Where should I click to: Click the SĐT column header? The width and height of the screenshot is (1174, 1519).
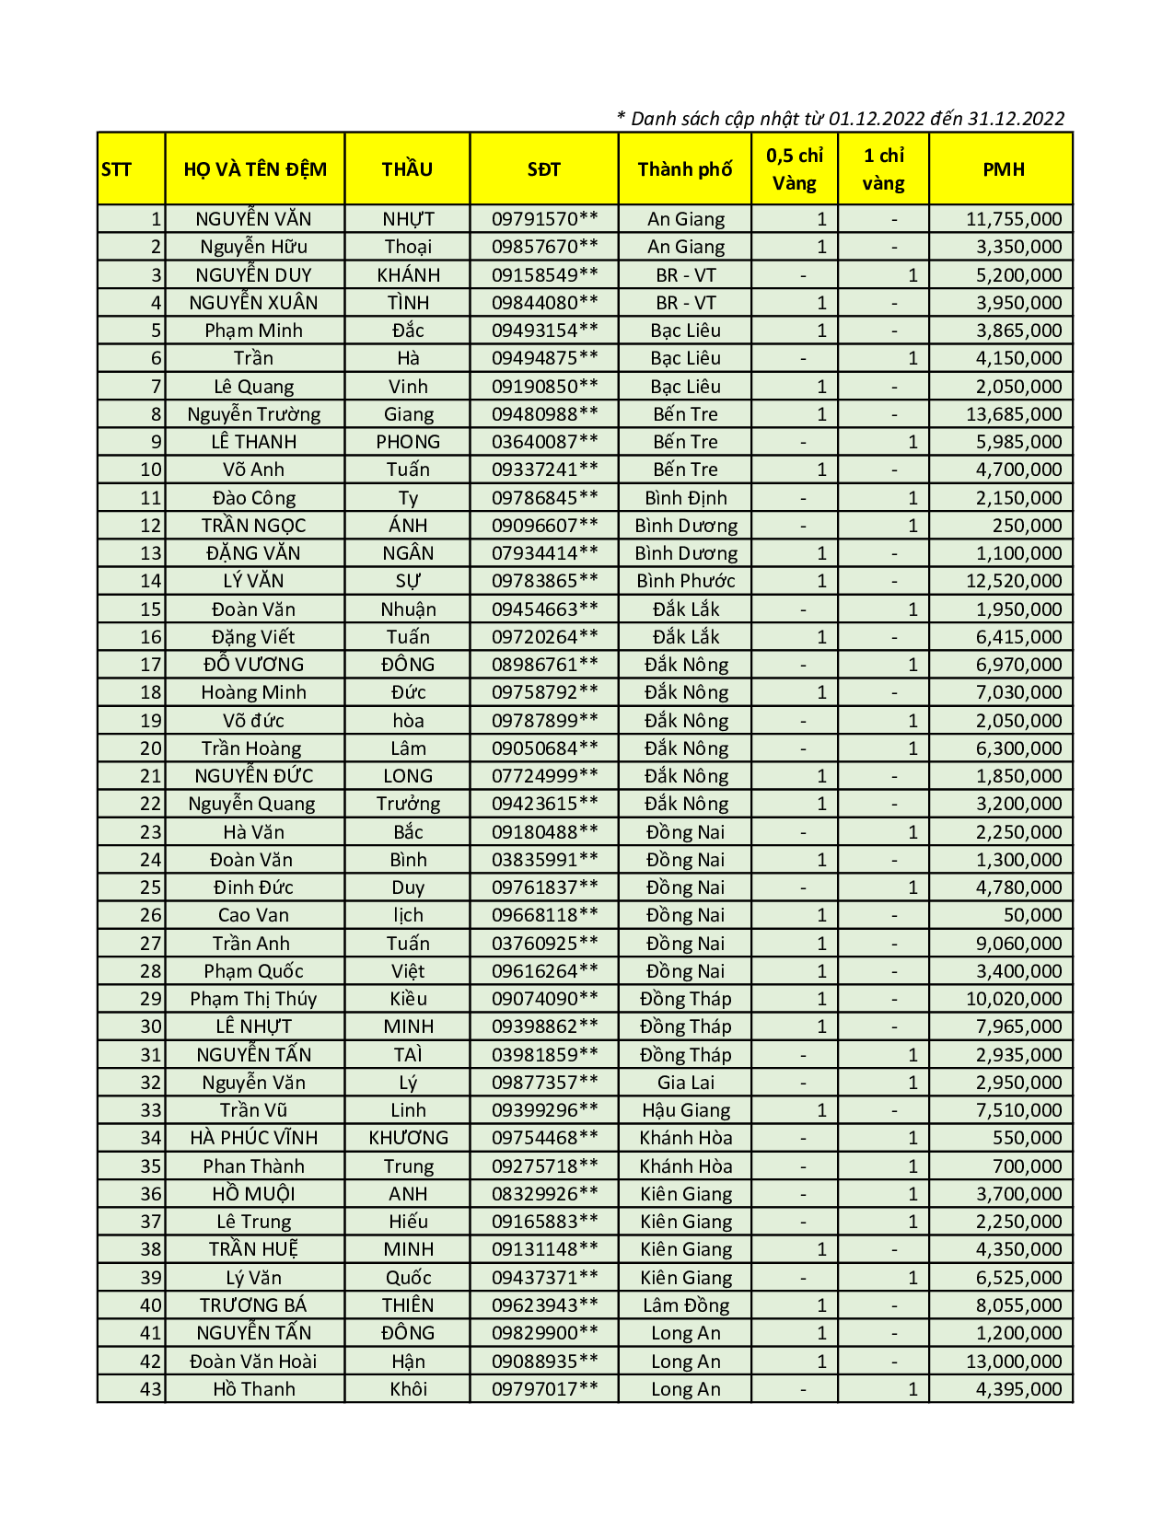[x=543, y=169]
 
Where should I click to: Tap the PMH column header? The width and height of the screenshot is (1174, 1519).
[x=1003, y=169]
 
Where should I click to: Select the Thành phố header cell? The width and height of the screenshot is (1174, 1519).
[x=685, y=169]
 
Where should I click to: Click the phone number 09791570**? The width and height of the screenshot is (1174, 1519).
[x=544, y=219]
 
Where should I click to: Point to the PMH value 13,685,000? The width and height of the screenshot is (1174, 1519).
[x=1013, y=414]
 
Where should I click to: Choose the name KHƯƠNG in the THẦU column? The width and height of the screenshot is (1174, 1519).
[x=408, y=1138]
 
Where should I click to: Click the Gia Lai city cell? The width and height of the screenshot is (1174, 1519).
[x=685, y=1083]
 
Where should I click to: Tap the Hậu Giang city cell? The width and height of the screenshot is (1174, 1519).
[x=685, y=1110]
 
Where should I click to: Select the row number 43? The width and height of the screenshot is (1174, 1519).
[x=150, y=1389]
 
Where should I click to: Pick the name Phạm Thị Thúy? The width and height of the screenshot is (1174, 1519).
[x=253, y=999]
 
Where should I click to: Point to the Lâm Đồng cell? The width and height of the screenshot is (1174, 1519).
[x=685, y=1305]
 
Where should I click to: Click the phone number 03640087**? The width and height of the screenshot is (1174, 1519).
[x=544, y=442]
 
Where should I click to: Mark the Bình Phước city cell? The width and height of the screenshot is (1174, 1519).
[x=685, y=581]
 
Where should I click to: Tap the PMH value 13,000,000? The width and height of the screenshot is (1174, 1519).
[x=1013, y=1362]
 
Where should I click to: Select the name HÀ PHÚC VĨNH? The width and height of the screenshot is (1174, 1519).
[x=253, y=1138]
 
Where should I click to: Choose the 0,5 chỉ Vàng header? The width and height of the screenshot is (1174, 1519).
[x=795, y=169]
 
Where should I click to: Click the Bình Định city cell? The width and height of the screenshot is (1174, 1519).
[x=685, y=498]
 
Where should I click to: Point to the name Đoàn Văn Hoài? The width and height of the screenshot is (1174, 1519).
[x=253, y=1362]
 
